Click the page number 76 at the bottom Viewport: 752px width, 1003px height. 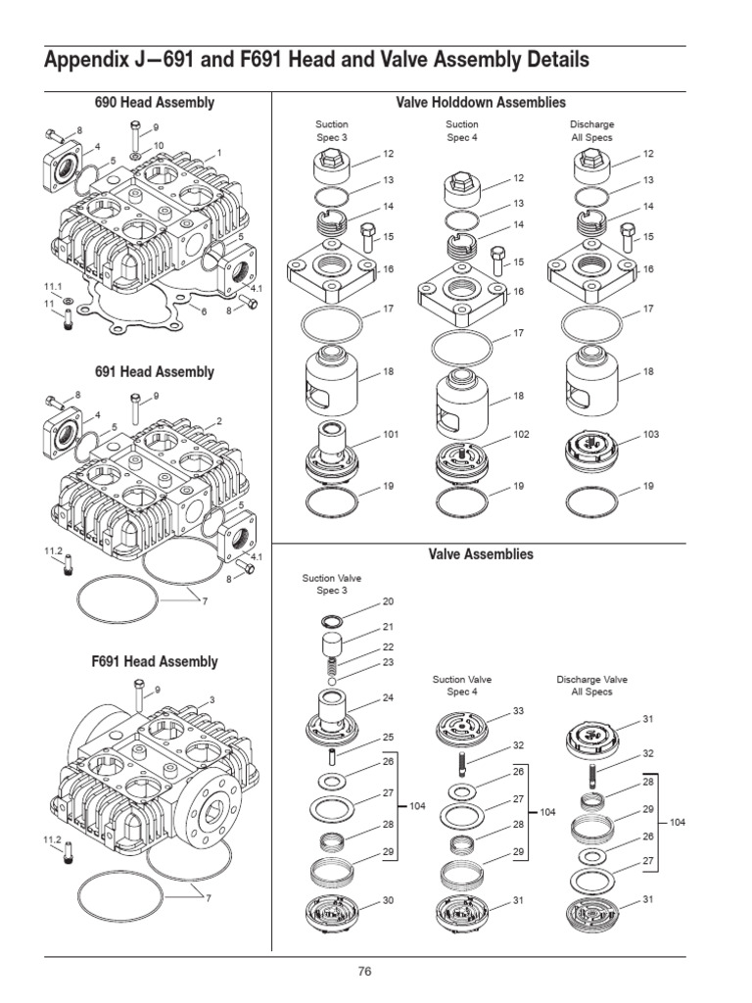(364, 972)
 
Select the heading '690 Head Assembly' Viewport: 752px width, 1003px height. (155, 102)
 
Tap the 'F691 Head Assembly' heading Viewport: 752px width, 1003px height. (155, 661)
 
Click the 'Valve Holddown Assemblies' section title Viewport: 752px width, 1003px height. (481, 102)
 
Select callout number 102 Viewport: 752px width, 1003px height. (521, 434)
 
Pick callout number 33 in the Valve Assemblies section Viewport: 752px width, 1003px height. (519, 710)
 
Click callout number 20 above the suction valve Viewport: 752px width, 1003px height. (388, 600)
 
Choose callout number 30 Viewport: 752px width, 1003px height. (388, 899)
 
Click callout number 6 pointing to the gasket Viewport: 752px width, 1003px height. (204, 311)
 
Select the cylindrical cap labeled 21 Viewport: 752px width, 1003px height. (334, 647)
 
